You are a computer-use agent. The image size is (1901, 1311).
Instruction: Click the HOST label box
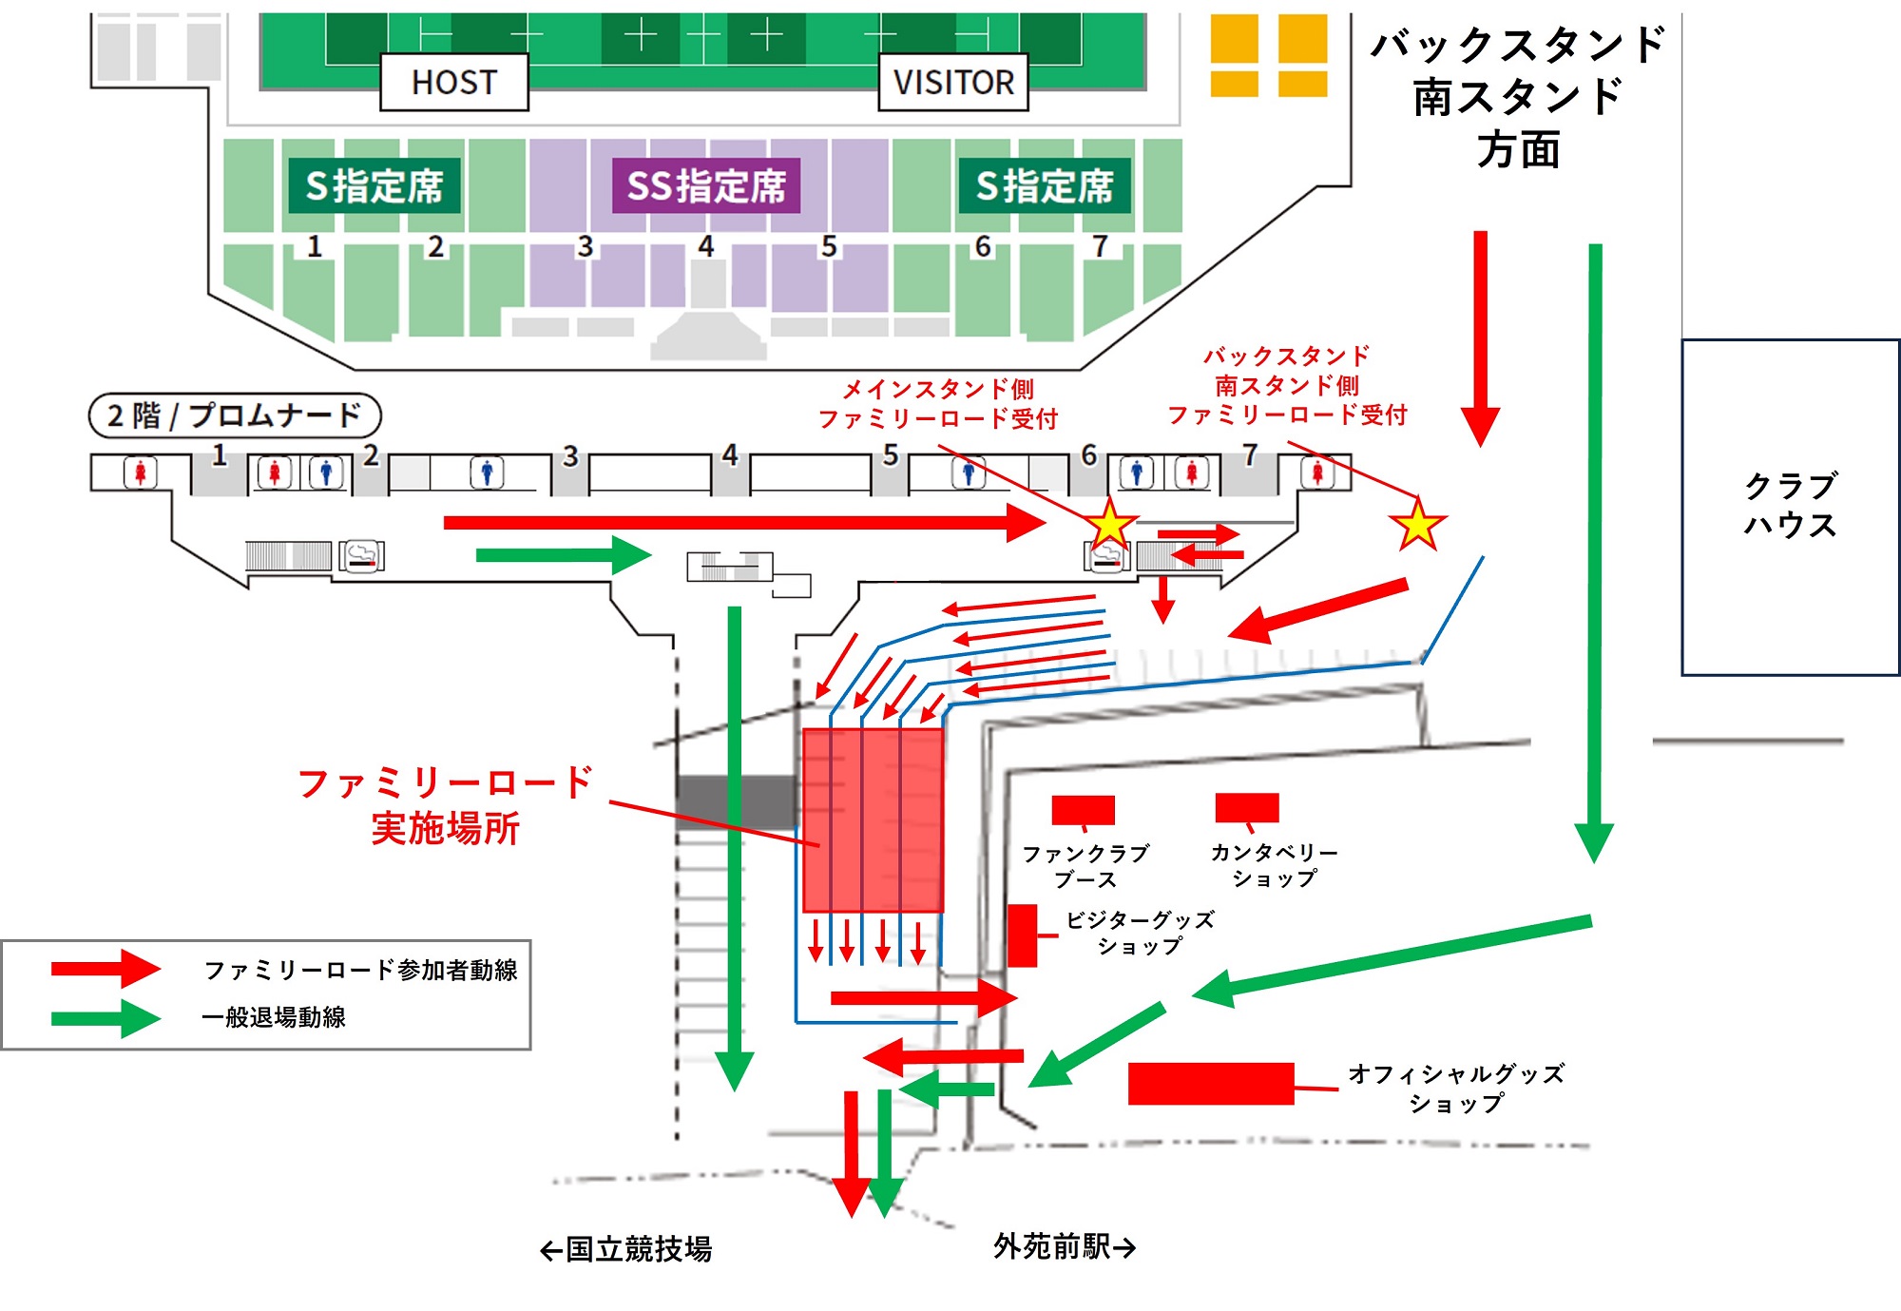click(454, 83)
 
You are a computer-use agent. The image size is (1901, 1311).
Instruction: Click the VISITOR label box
click(953, 83)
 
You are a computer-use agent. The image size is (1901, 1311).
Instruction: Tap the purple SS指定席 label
click(706, 185)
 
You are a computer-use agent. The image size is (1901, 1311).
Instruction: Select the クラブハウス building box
click(1791, 507)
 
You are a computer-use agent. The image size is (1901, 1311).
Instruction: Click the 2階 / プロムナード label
click(235, 415)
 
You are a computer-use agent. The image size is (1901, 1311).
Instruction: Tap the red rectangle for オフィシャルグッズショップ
click(1211, 1084)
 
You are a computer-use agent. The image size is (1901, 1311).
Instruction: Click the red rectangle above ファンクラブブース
click(1083, 810)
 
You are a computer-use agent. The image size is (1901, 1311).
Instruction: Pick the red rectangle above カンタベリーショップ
click(1247, 807)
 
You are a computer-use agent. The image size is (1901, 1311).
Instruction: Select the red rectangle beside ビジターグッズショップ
click(1022, 935)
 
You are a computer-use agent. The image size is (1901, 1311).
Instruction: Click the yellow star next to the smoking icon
click(1109, 525)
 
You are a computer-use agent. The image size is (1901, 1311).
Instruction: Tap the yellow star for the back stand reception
click(1417, 525)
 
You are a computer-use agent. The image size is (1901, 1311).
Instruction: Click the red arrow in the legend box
click(106, 969)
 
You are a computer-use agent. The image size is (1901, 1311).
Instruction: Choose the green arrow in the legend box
click(106, 1018)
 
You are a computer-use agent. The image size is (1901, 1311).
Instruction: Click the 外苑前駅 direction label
click(1065, 1246)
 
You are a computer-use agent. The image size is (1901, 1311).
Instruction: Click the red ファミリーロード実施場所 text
click(445, 805)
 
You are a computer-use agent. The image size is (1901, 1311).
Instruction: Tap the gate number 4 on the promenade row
click(729, 455)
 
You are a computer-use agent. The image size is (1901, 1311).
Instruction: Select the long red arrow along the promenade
click(744, 522)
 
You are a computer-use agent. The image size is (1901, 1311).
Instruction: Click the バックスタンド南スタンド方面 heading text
click(1518, 97)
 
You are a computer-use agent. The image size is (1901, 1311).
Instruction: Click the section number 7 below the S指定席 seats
click(1100, 246)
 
